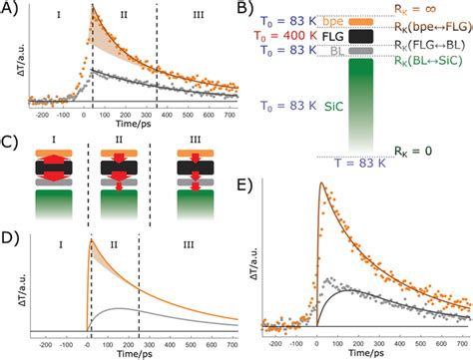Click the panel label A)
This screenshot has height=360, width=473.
pyautogui.click(x=10, y=8)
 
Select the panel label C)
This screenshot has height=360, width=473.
pyautogui.click(x=10, y=135)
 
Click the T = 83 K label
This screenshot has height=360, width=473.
pyautogui.click(x=354, y=163)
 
